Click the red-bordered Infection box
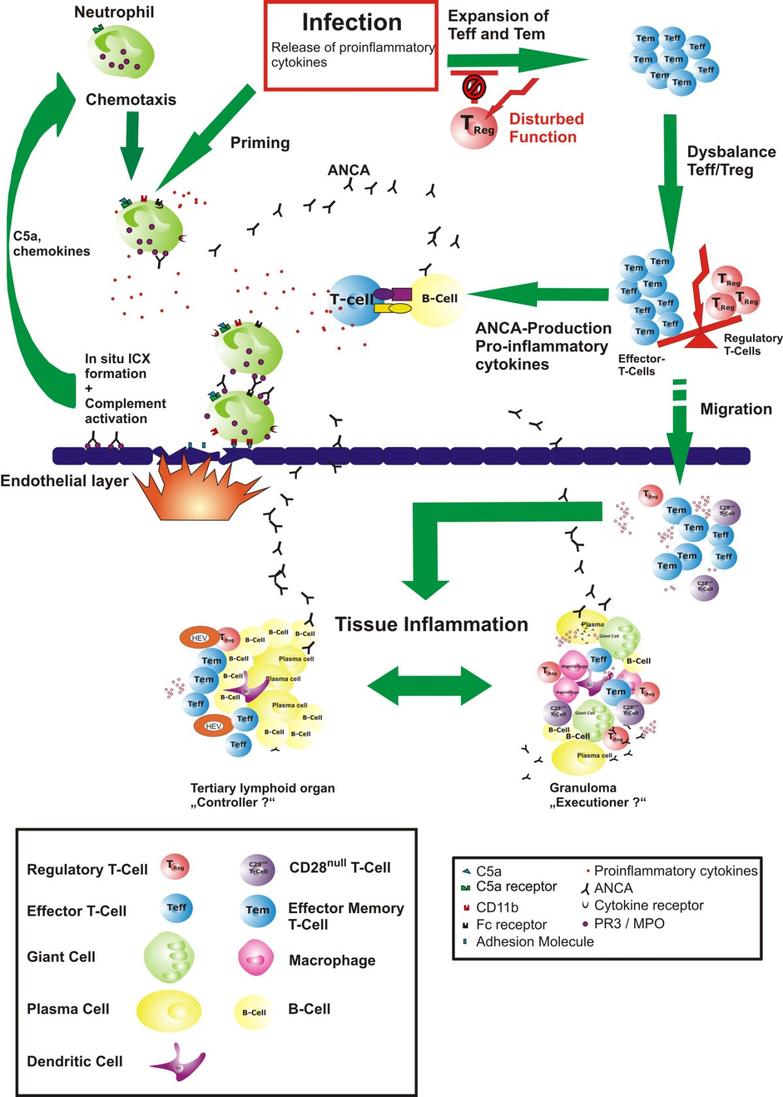click(350, 46)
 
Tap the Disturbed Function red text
click(546, 128)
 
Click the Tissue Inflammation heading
click(431, 624)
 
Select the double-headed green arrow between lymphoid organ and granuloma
click(429, 685)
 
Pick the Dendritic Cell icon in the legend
click(180, 1063)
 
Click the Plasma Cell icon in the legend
click(168, 1010)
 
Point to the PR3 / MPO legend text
click(629, 924)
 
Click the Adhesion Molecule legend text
click(534, 942)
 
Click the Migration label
click(735, 409)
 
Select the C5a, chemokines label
click(51, 244)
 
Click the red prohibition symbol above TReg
click(474, 86)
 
